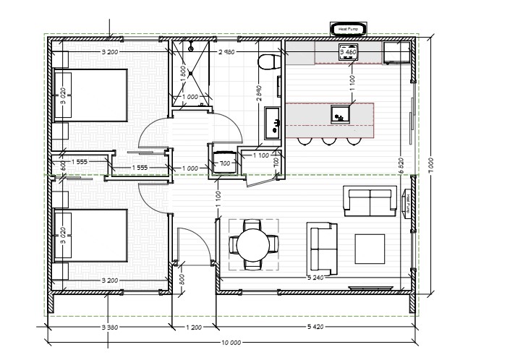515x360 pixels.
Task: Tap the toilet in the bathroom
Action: (268, 61)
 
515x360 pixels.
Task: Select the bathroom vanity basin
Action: (273, 121)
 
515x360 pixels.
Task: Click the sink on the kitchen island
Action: (339, 114)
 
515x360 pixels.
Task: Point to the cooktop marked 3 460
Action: (346, 53)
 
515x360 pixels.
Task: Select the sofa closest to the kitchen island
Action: (370, 200)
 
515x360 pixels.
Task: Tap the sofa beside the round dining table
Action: (322, 247)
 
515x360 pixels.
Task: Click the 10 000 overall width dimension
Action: (231, 343)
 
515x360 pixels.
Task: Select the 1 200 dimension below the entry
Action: (193, 327)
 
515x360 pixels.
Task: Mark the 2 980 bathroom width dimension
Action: (228, 51)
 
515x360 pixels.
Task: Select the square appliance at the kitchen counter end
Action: (395, 52)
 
